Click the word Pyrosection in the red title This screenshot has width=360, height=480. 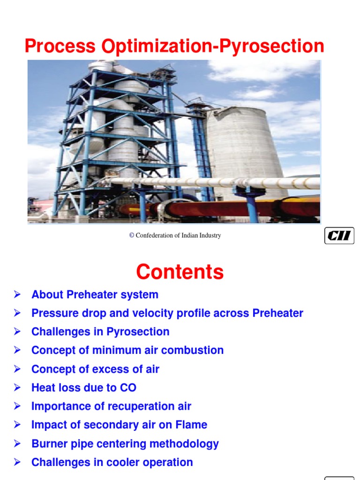[x=271, y=46]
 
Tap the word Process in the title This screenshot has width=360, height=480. [x=60, y=46]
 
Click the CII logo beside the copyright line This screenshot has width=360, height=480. [x=339, y=235]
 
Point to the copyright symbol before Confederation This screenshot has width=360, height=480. [x=132, y=235]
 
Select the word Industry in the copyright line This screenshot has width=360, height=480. [x=210, y=235]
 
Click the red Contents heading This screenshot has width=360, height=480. [x=180, y=271]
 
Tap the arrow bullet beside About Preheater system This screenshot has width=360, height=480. [x=17, y=294]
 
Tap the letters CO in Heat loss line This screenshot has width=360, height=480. [x=128, y=388]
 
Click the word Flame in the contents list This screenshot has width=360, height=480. [x=191, y=425]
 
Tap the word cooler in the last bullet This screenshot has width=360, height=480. [x=124, y=462]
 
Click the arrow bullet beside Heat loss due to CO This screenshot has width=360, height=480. [x=17, y=388]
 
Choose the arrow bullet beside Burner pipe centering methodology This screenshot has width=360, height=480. [x=17, y=443]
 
